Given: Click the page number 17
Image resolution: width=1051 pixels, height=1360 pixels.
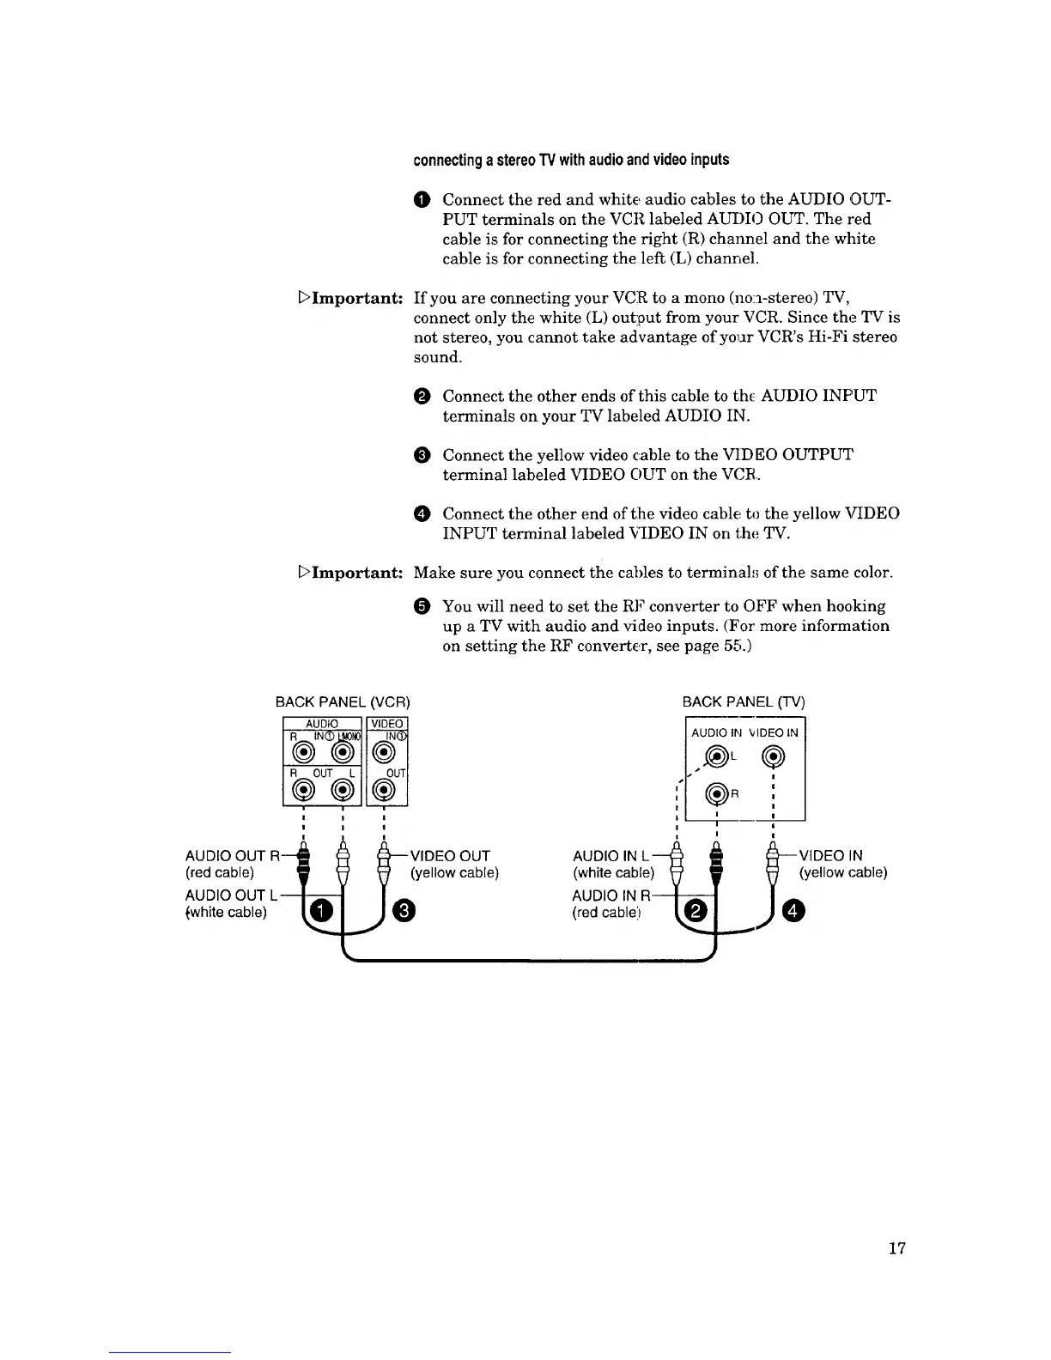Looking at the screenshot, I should point(897,1248).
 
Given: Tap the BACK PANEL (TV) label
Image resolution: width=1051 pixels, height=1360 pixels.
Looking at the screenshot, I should point(744,702).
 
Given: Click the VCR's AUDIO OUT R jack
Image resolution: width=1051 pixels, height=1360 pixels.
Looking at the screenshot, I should point(302,790).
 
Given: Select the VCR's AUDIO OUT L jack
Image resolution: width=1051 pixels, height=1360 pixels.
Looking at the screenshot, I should point(343,790).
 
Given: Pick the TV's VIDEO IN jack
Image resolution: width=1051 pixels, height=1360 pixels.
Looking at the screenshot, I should point(775,757).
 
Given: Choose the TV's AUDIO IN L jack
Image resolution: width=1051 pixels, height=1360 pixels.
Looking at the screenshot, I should point(716,757).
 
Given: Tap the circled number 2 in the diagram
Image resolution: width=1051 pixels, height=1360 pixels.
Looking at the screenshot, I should point(698,910).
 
